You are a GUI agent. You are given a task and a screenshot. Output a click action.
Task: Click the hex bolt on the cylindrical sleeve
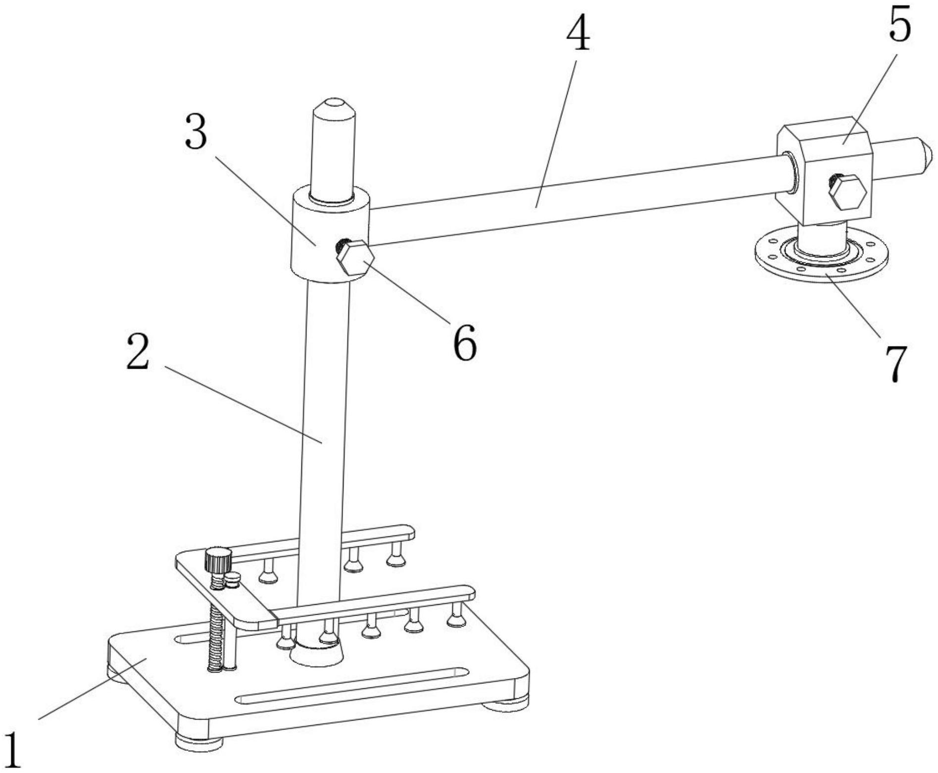tap(355, 257)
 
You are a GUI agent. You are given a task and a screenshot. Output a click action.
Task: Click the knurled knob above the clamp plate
tap(218, 560)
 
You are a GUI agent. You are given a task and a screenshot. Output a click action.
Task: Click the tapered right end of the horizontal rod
tap(926, 154)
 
